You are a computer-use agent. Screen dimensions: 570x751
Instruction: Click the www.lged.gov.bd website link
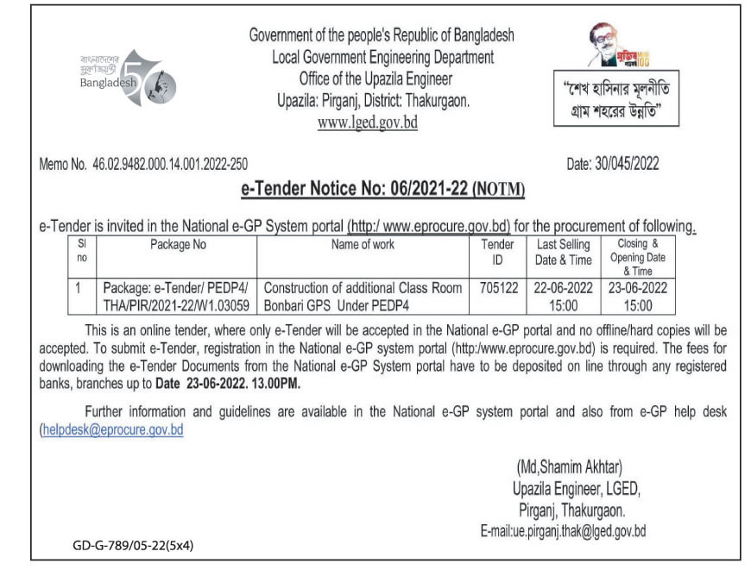point(367,122)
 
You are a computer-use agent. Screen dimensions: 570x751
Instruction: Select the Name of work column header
point(363,245)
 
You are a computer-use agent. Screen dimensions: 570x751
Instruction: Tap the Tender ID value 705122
point(498,288)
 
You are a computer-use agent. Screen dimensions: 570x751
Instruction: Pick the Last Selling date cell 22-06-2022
point(563,288)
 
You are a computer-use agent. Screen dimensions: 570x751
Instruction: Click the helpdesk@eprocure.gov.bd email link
point(112,429)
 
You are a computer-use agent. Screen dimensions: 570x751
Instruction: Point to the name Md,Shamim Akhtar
point(569,467)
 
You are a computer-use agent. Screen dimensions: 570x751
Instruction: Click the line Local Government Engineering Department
point(382,58)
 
